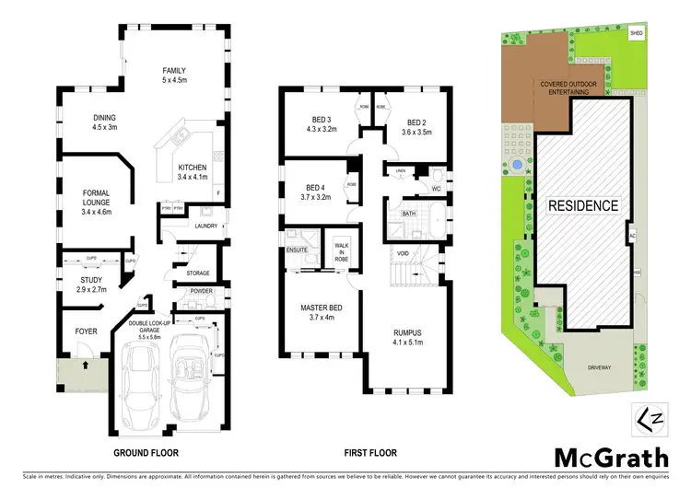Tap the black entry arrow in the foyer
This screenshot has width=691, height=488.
pos(86,364)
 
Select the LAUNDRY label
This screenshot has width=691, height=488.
pos(205,226)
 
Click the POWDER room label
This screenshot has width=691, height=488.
pos(200,292)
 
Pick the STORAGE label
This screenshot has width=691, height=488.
pos(198,273)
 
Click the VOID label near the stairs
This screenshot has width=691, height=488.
pos(403,252)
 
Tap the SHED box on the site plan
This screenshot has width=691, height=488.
pos(635,33)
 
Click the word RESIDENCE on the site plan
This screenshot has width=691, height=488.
pos(584,204)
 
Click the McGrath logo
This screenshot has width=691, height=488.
pos(601,457)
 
